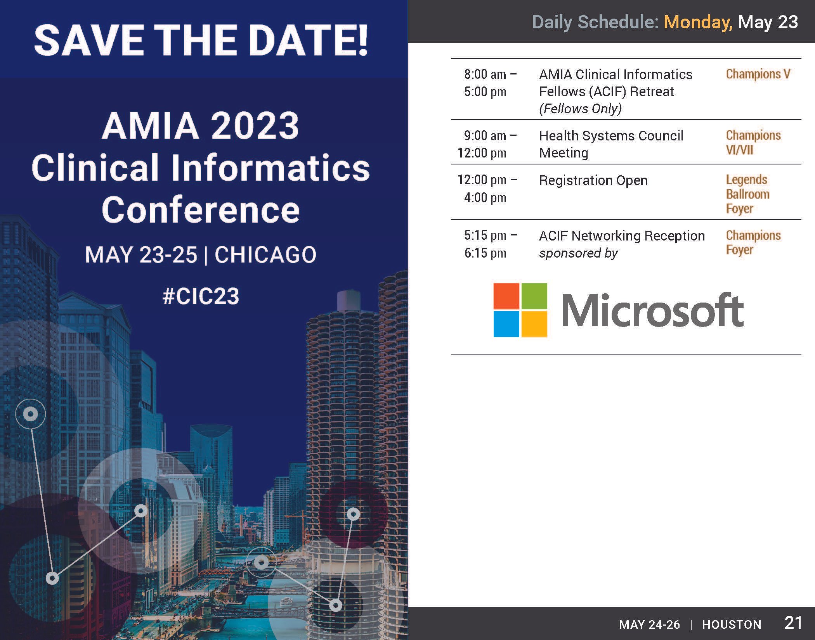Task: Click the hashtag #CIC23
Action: point(201,296)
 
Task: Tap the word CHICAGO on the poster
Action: point(265,255)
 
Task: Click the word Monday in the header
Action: point(698,22)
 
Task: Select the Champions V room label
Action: point(758,74)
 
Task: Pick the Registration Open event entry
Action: point(593,180)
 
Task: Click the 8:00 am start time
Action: point(485,74)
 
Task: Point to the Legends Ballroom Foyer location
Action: point(747,194)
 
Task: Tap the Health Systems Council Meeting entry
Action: point(611,144)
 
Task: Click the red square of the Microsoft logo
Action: point(506,296)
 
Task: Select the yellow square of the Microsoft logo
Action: point(534,324)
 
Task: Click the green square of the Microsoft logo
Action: point(534,296)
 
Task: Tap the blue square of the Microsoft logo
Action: point(506,324)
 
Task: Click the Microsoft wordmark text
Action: point(652,310)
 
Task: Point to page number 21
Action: point(793,623)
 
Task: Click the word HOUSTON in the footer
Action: point(732,624)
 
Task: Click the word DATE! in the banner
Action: point(303,41)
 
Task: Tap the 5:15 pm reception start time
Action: point(485,235)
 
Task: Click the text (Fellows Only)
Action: point(580,109)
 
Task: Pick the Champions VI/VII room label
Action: point(753,142)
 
